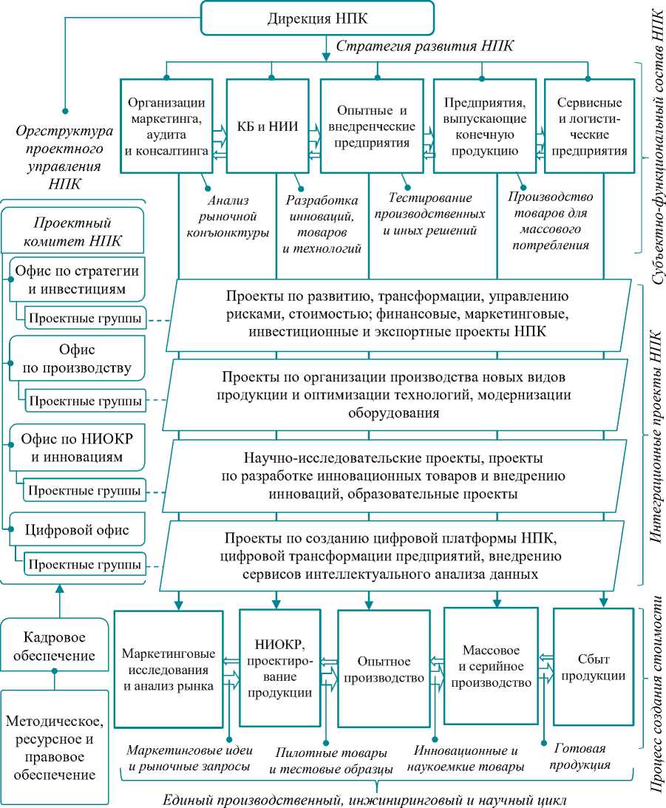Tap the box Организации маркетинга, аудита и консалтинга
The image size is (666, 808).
tap(167, 126)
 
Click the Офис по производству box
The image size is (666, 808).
tap(77, 357)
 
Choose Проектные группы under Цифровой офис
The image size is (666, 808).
tap(85, 564)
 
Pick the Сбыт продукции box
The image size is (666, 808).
tap(593, 667)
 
